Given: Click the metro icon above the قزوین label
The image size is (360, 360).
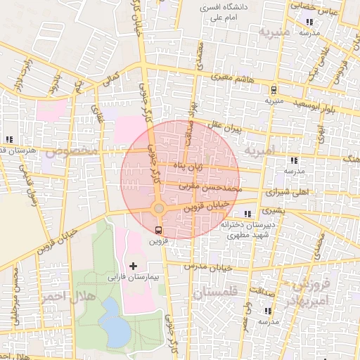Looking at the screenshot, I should coord(158,229).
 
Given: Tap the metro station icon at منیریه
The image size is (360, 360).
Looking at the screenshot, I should coord(273,89).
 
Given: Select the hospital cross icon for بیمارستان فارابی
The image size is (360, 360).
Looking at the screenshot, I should coord(133,266).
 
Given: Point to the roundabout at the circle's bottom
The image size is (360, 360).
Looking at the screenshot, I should coord(160,209).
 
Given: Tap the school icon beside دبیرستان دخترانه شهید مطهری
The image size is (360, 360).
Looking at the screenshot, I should coord(247,214).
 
